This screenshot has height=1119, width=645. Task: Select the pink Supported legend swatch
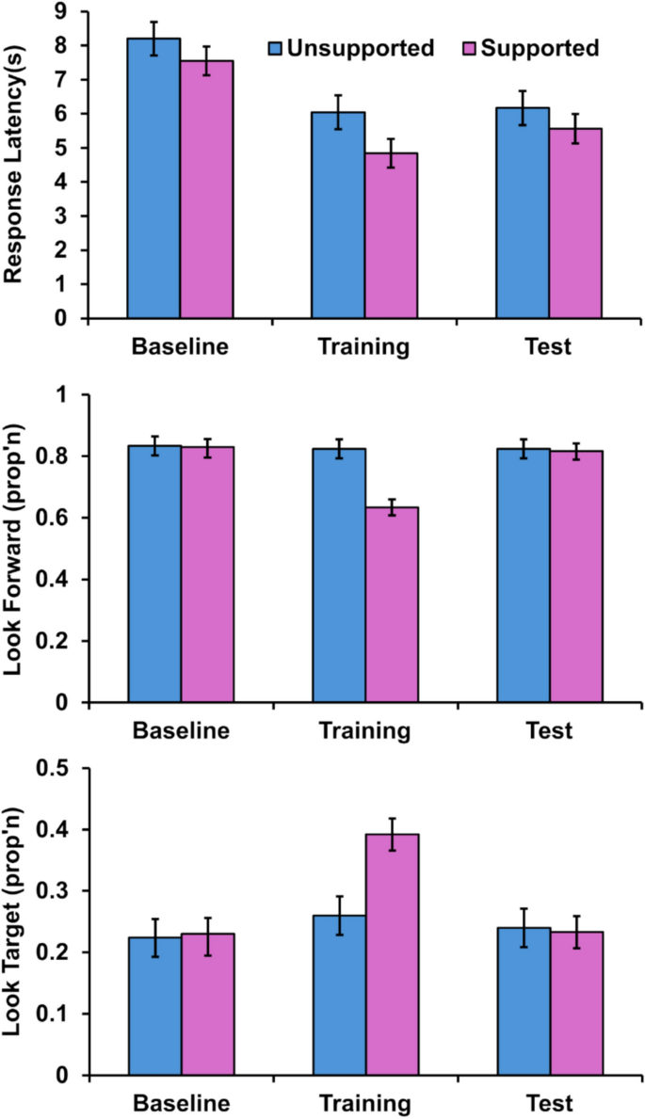470,48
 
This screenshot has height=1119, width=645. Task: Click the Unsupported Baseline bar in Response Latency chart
153,178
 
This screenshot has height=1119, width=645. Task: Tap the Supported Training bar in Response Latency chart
392,235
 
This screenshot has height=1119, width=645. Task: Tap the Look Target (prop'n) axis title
13,922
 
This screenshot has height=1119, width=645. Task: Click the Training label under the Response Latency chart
365,346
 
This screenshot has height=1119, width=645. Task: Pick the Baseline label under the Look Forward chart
180,730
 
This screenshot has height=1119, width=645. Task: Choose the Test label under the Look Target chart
548,1102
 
